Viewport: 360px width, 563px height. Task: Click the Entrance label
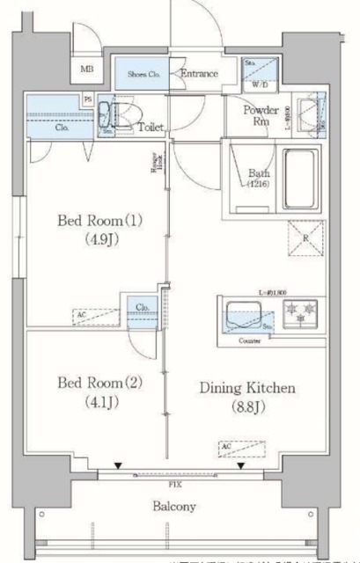pos(200,74)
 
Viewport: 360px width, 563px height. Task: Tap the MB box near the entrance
pos(87,70)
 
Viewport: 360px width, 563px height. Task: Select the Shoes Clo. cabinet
pos(141,75)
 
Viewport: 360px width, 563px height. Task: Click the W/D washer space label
pos(261,85)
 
